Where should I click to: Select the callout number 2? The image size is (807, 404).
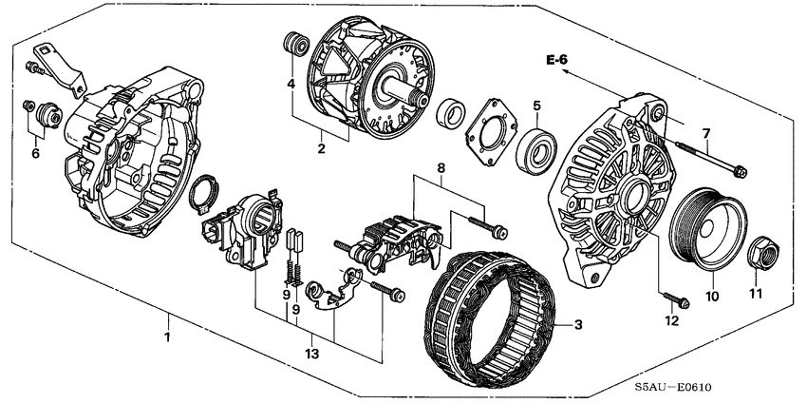click(321, 149)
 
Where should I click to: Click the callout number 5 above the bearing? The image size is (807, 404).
click(536, 106)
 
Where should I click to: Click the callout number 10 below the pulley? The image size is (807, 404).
click(711, 297)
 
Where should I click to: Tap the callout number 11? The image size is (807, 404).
click(756, 294)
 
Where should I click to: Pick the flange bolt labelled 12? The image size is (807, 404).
click(675, 298)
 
